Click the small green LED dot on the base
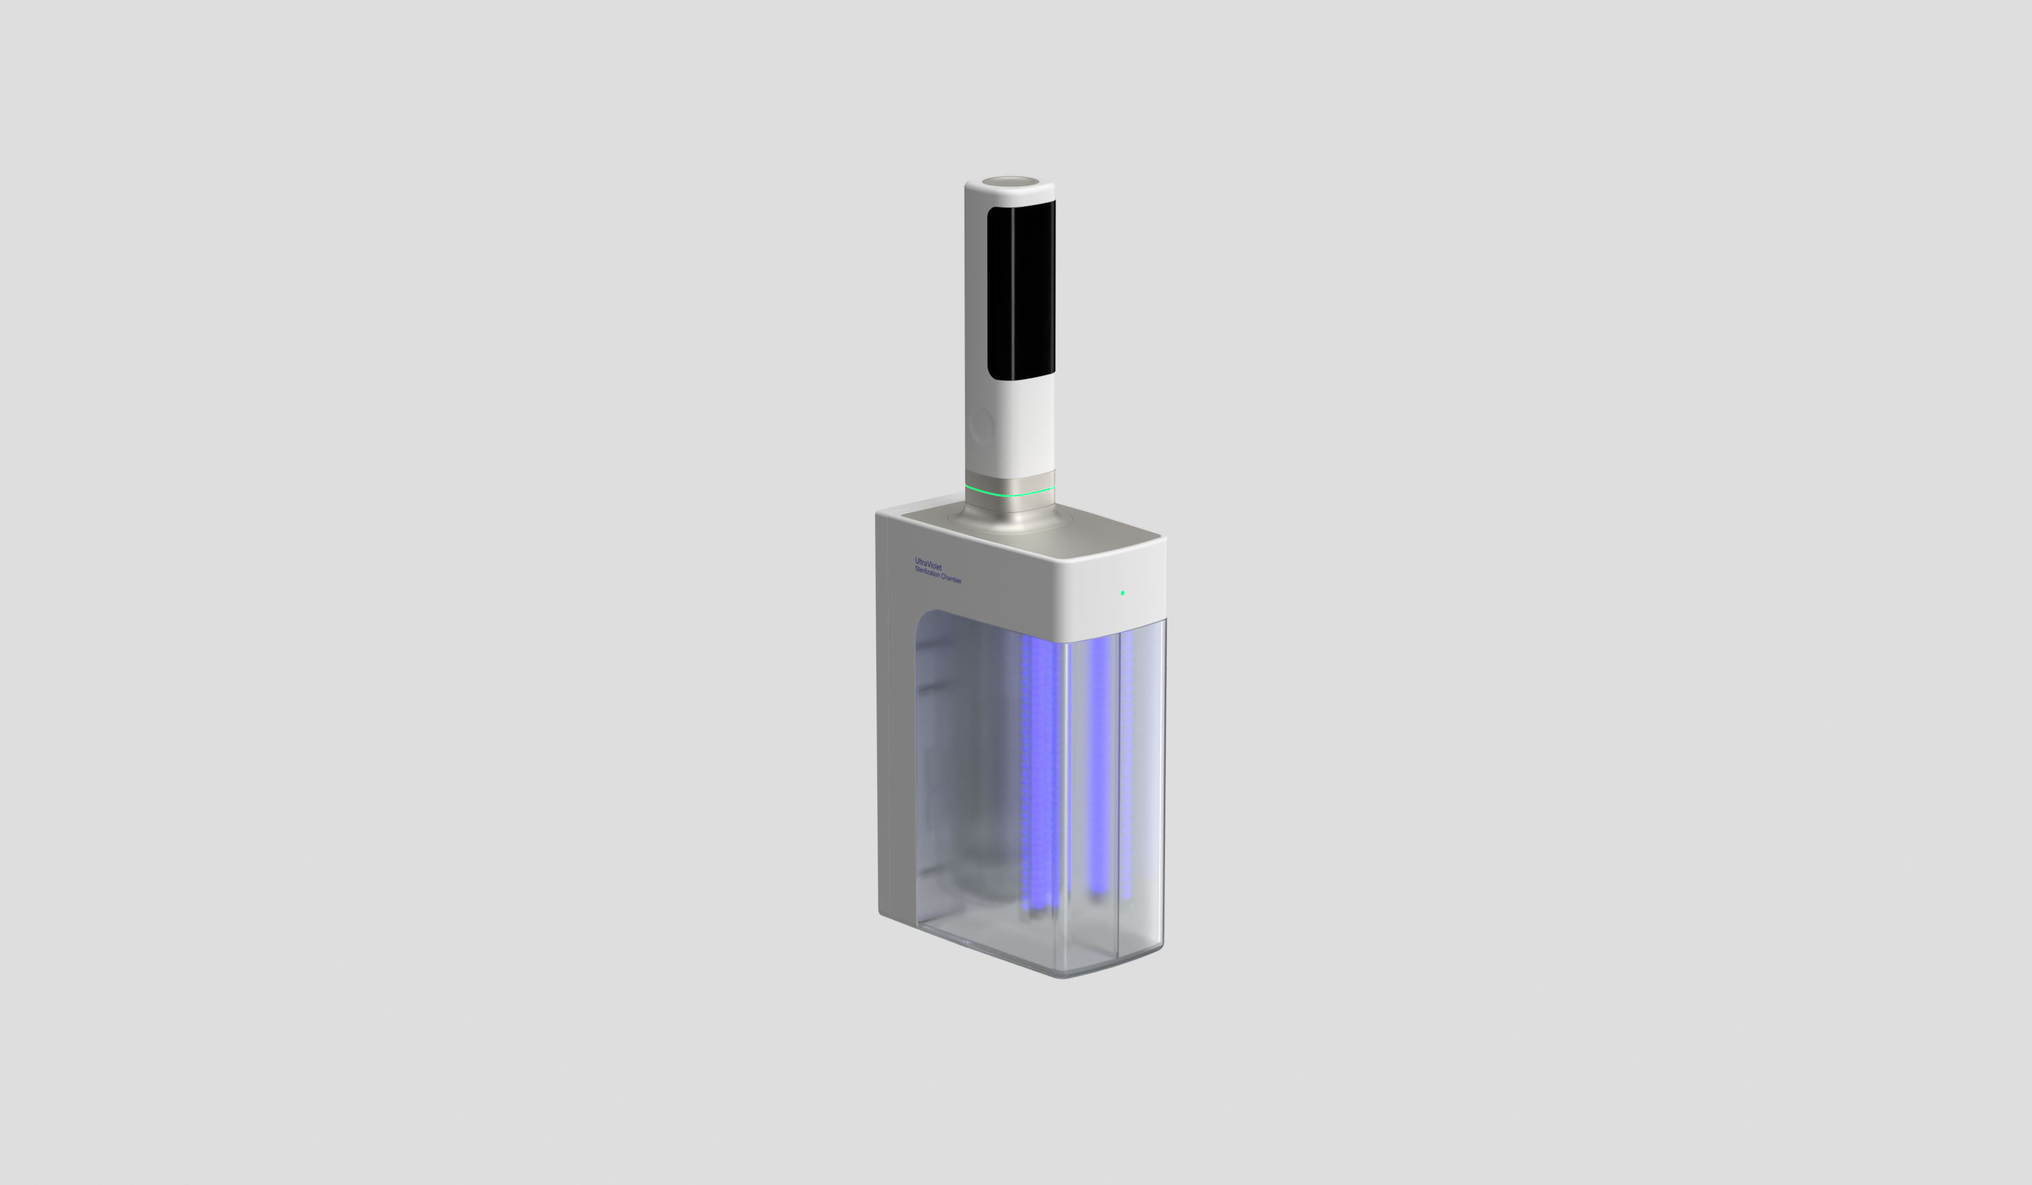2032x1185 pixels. point(1122,592)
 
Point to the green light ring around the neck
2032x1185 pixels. point(1009,492)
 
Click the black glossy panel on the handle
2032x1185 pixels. point(1021,290)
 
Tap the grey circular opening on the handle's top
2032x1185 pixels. point(1009,181)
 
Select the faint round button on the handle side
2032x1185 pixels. point(981,425)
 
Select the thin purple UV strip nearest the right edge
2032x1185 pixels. point(1126,758)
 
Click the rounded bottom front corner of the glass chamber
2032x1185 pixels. point(1063,974)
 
